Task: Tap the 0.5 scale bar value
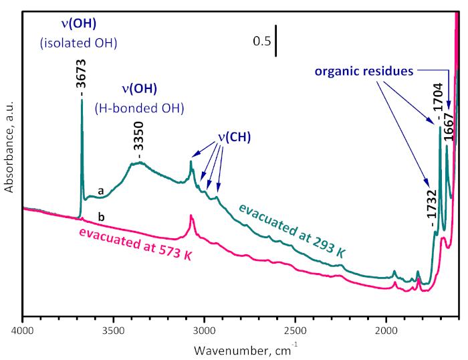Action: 261,41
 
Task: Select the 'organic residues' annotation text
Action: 364,70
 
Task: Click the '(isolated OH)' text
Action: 79,43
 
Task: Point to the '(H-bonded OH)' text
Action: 140,107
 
